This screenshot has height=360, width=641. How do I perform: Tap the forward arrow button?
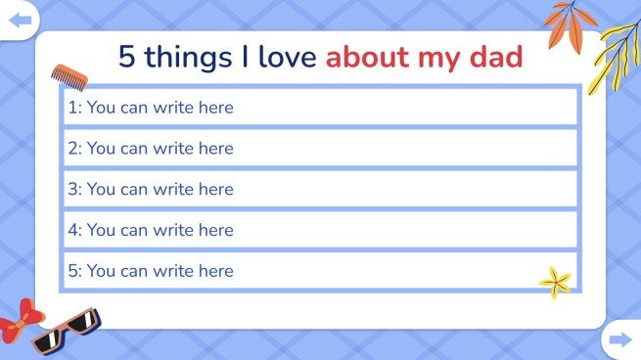point(619,339)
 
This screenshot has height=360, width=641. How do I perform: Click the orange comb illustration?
point(66,75)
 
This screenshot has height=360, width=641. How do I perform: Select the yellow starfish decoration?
point(556,282)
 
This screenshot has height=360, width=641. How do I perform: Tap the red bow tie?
point(19,321)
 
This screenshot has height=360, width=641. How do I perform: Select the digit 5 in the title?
point(127,57)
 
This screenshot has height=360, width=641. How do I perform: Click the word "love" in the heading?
point(283,57)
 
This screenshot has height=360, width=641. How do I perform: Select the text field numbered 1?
point(320,107)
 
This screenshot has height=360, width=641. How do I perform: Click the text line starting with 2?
point(320,148)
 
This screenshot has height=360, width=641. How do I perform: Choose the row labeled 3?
point(320,189)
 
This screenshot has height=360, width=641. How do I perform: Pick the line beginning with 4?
point(320,230)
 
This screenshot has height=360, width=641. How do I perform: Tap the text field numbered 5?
point(320,271)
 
